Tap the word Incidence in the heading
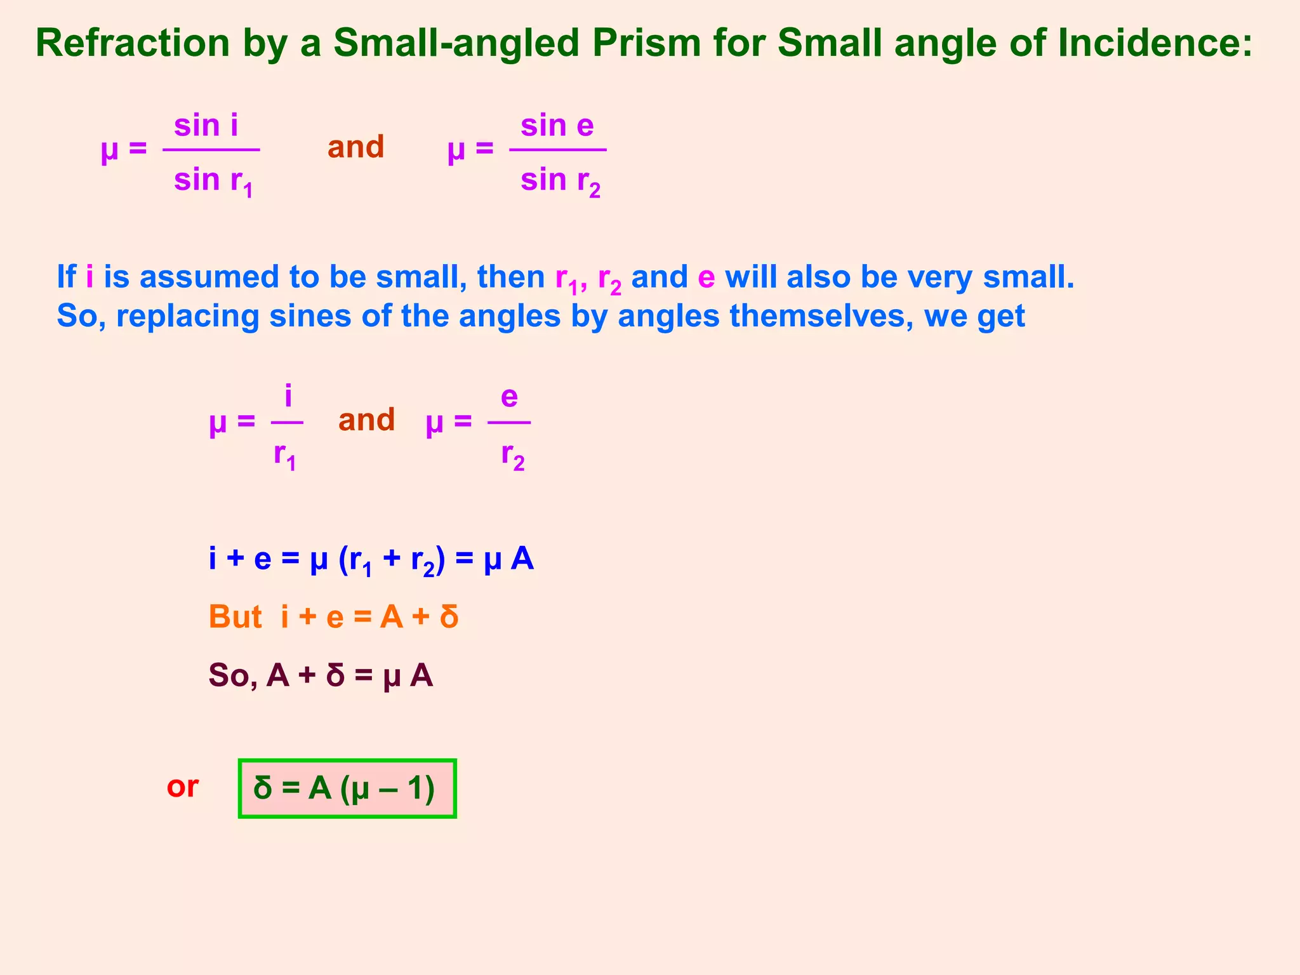point(1155,43)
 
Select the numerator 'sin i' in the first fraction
point(206,125)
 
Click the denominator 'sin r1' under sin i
point(213,181)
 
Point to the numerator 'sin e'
point(557,125)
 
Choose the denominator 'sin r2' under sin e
point(560,181)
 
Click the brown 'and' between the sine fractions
point(355,147)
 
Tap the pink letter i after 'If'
point(90,277)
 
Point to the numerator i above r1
point(288,397)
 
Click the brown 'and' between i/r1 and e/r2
point(366,420)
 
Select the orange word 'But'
point(235,617)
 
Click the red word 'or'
point(182,787)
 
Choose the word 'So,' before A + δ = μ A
point(233,675)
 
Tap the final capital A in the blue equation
point(522,559)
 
